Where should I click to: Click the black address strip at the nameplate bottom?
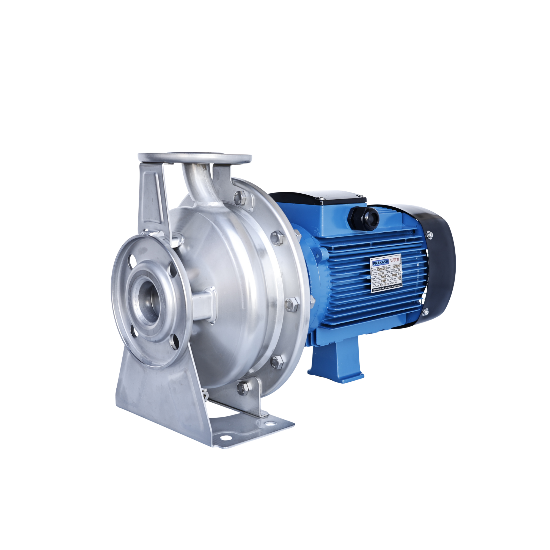point(387,290)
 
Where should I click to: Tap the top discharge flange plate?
point(195,157)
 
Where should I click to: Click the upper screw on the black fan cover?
point(429,235)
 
